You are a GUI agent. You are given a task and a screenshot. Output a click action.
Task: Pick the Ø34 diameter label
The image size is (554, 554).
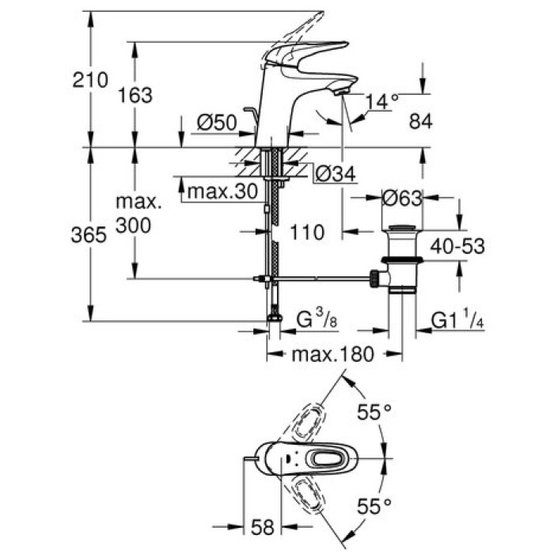point(333,173)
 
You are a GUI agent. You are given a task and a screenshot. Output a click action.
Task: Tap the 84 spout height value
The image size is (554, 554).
point(424,121)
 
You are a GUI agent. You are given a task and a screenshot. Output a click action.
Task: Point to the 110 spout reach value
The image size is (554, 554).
point(308,233)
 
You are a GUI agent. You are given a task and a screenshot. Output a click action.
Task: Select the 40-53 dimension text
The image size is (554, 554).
point(457,246)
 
